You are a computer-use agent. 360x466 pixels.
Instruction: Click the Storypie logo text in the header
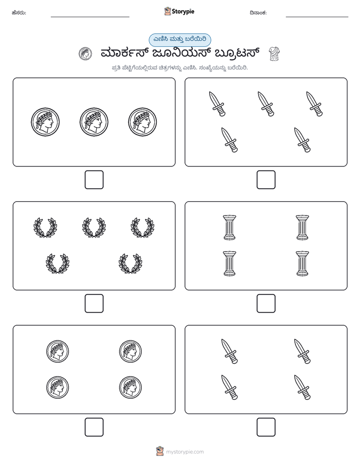point(183,12)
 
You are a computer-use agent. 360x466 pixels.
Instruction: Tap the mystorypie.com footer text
point(185,452)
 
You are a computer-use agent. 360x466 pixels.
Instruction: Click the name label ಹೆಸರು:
point(19,13)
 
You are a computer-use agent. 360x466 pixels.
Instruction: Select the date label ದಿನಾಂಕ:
point(258,13)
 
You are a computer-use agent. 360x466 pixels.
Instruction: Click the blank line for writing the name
point(90,17)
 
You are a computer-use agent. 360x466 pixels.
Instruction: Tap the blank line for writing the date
point(317,17)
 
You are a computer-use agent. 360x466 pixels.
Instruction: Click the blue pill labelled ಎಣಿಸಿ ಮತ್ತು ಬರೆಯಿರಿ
point(179,40)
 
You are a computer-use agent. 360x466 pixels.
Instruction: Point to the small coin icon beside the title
point(85,54)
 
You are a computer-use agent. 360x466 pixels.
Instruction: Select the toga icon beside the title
point(274,54)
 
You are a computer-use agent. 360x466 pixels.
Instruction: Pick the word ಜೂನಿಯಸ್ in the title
point(181,53)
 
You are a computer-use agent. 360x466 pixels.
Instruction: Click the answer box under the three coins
point(94,180)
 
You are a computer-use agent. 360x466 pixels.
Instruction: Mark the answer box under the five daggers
point(266,180)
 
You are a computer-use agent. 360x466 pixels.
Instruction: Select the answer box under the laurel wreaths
point(94,304)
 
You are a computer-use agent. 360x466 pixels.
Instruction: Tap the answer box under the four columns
point(266,304)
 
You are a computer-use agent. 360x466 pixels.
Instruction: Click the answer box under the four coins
point(94,427)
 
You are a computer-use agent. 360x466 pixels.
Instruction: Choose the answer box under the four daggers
point(266,427)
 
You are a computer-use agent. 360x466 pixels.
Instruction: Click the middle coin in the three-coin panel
point(94,122)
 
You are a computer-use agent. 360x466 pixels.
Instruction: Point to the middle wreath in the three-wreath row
point(94,227)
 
